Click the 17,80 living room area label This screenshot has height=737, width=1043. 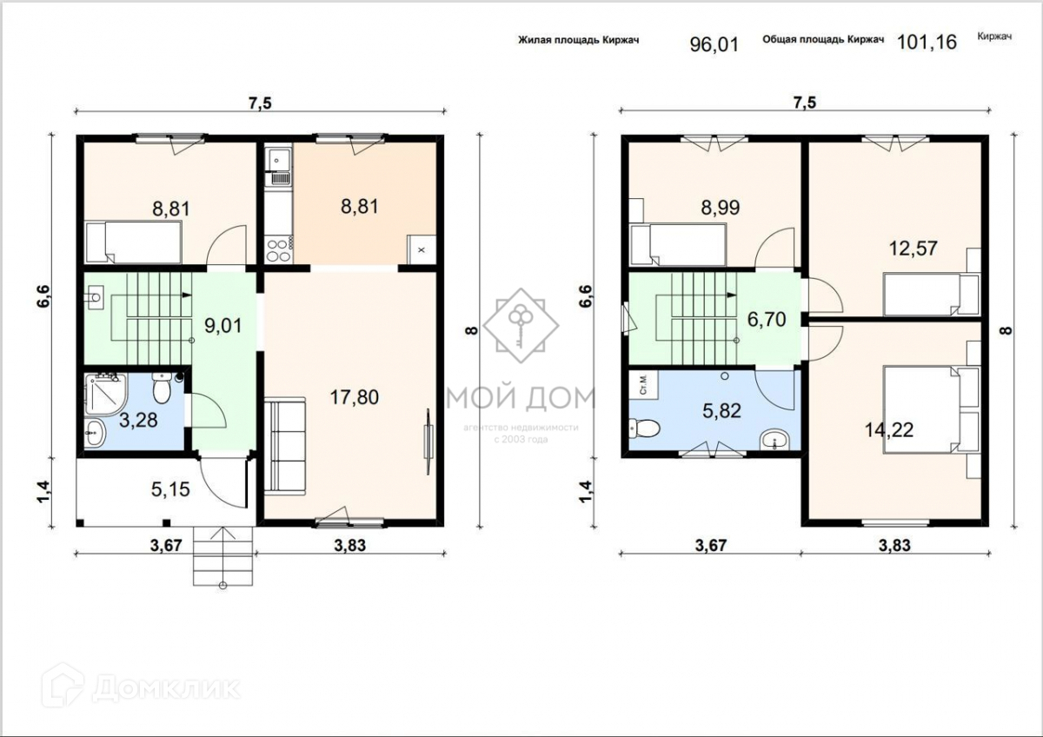click(x=355, y=397)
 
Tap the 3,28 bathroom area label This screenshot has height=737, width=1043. click(x=138, y=421)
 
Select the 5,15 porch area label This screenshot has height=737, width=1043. click(x=170, y=489)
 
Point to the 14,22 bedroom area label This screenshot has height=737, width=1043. click(x=889, y=429)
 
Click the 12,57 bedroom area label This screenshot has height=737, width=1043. click(x=913, y=249)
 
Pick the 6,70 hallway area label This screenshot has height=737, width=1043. click(x=767, y=319)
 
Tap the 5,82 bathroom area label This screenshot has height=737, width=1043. click(x=721, y=411)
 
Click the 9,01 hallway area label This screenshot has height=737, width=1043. click(x=223, y=325)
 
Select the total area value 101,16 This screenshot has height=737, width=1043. click(x=927, y=43)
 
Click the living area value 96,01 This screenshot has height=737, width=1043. click(x=714, y=44)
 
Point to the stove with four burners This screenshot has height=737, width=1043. click(x=279, y=249)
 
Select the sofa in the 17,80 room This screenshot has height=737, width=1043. click(x=285, y=446)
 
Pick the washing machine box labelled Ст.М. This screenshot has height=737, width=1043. click(x=643, y=384)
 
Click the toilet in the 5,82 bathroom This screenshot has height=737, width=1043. click(x=644, y=428)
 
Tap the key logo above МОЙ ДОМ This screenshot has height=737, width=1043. click(x=521, y=325)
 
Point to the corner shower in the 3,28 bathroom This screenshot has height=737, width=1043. click(x=106, y=394)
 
